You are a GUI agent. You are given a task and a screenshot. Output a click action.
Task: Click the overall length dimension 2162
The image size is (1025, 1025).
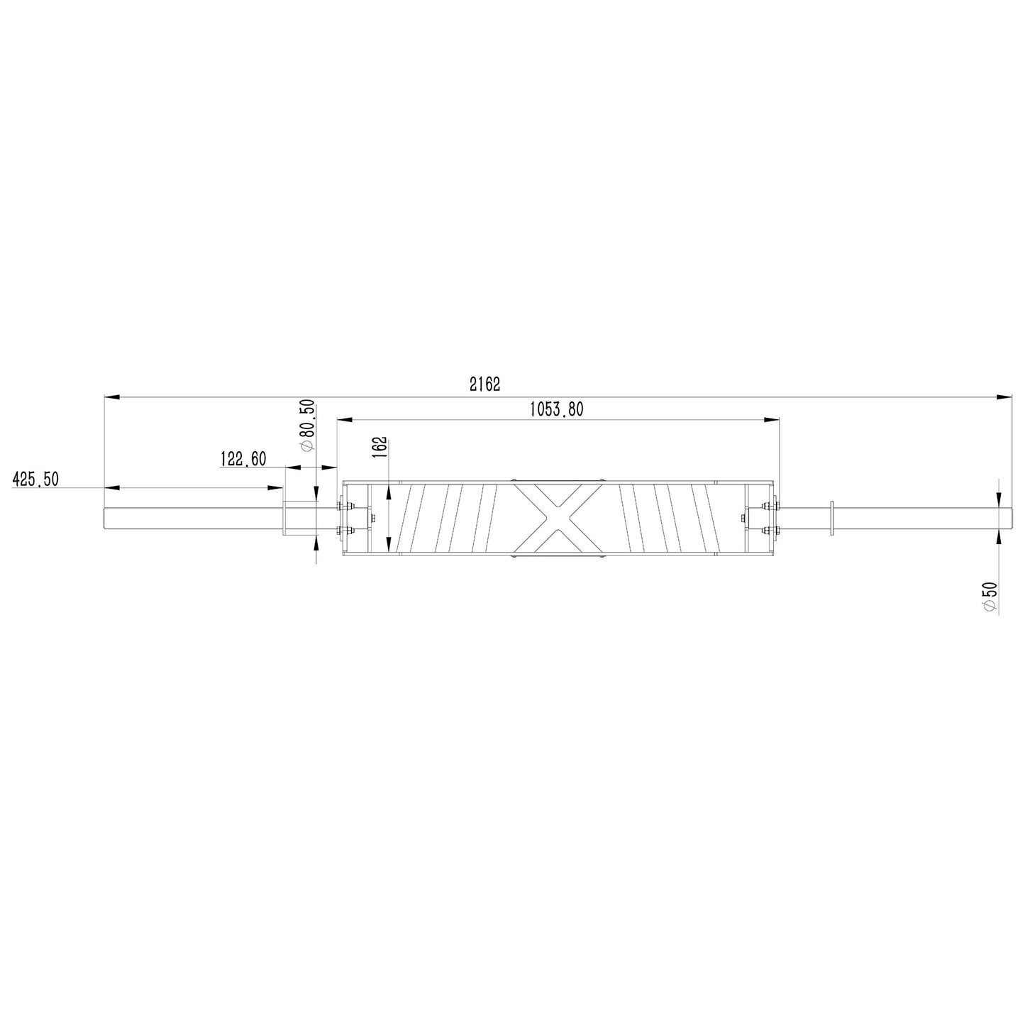pos(485,384)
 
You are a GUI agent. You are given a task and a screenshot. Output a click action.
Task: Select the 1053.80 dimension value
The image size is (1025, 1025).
pos(556,409)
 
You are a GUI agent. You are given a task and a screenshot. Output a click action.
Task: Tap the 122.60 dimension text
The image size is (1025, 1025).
pos(243,459)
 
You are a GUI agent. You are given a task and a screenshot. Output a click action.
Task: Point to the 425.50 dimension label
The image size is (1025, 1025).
pos(35,480)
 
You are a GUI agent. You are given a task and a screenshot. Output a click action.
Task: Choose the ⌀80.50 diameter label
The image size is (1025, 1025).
pos(307,425)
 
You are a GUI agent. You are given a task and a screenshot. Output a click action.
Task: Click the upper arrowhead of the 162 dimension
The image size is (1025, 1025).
pos(389,491)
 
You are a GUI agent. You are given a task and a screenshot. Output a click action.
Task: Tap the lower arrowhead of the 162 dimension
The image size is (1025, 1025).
pos(389,545)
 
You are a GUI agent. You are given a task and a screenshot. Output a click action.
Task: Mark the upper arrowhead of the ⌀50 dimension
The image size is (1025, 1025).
pos(999,497)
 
